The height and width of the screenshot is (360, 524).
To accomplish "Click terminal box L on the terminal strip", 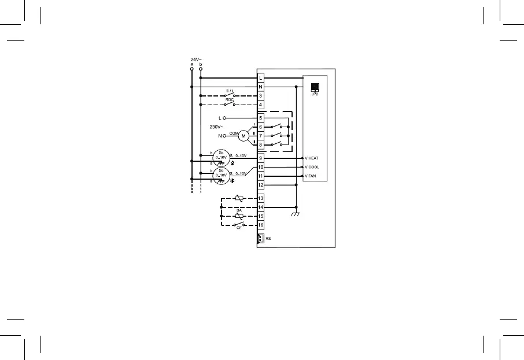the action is [261, 77].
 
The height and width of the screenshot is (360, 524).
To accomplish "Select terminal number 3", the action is [261, 96].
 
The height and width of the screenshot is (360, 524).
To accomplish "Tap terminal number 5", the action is [261, 118].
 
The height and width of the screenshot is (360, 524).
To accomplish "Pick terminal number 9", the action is [261, 158].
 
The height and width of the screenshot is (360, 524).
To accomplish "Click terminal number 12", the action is [261, 185].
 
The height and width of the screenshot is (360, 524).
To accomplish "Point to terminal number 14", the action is [261, 207].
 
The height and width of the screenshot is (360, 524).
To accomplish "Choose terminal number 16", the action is [261, 225].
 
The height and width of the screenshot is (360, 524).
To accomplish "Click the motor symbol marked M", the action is [243, 136].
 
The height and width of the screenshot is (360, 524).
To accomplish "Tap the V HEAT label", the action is [312, 158].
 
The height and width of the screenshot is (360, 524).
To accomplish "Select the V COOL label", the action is [312, 167].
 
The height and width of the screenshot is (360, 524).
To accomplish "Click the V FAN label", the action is [311, 176].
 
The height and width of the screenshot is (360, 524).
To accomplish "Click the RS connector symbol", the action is [261, 238].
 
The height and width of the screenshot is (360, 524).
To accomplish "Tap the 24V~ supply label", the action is [196, 59].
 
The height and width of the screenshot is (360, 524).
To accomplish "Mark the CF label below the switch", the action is [239, 228].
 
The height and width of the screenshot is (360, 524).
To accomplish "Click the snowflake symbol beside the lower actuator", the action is [232, 181].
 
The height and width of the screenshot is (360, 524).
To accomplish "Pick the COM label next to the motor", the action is [234, 133].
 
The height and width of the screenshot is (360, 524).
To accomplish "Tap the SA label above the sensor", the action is [239, 210].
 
